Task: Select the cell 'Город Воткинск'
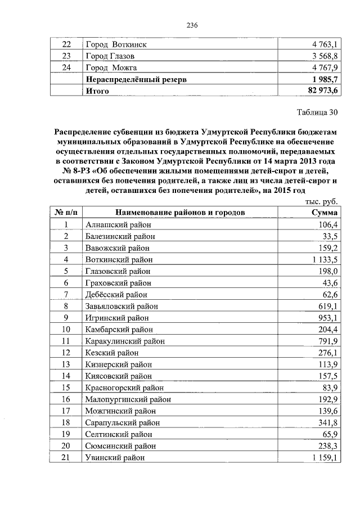(116, 44)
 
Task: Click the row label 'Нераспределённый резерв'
(136, 80)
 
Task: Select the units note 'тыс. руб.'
(321, 201)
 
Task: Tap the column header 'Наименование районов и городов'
(181, 213)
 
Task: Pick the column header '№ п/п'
(66, 213)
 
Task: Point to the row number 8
(66, 306)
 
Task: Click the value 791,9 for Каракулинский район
(327, 341)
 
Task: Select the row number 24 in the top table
(66, 68)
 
